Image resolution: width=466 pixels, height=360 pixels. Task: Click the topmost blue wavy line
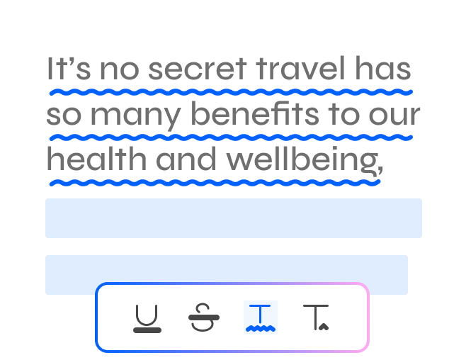(x=231, y=92)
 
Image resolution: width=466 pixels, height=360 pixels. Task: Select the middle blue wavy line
(x=231, y=137)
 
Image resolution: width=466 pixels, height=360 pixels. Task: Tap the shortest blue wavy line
(x=215, y=183)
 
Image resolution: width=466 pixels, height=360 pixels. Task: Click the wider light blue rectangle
(x=234, y=218)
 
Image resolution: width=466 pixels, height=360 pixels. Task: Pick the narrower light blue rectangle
(x=227, y=275)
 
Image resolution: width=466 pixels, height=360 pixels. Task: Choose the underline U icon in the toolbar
(x=147, y=318)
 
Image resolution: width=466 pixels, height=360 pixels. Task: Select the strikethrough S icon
(x=204, y=317)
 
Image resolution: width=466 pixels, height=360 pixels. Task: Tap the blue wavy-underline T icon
(x=261, y=317)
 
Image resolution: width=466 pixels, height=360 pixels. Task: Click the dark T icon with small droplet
(x=316, y=317)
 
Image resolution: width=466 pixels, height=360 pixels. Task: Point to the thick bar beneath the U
(x=147, y=330)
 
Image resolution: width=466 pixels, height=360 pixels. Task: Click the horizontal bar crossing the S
(x=204, y=317)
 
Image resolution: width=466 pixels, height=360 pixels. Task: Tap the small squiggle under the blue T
(x=261, y=329)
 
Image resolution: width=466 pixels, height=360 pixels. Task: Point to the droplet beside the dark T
(x=324, y=327)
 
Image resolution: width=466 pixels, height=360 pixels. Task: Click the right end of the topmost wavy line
(x=410, y=92)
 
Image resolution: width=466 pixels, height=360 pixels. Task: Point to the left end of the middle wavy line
(x=52, y=138)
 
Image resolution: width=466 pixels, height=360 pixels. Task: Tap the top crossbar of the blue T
(x=260, y=306)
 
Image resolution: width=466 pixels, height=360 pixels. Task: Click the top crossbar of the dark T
(x=316, y=306)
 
